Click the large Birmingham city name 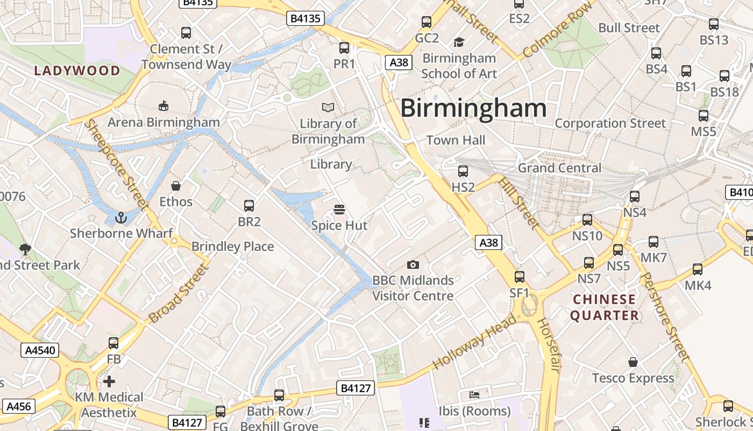coord(473,108)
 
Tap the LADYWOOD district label coord(77,71)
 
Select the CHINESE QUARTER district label coord(605,307)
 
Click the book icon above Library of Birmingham coord(328,107)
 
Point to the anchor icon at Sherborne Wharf coord(121,218)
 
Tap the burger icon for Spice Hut coord(339,209)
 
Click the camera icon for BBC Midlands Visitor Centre coord(413,265)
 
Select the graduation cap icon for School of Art coord(459,42)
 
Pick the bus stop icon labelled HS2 coord(463,171)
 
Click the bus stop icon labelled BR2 coord(249,205)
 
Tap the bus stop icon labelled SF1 coord(520,277)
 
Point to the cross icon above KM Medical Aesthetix coord(109,381)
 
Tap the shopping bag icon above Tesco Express coord(633,362)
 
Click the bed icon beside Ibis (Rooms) coord(474,395)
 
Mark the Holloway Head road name coord(473,342)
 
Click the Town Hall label coord(456,140)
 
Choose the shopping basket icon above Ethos coord(175,186)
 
